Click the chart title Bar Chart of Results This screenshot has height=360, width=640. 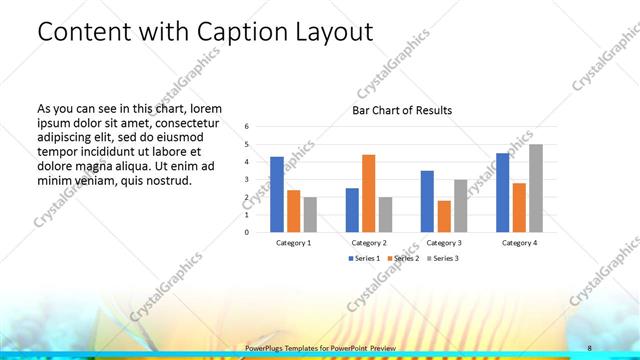tap(401, 110)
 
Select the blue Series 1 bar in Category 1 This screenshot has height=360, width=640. tap(276, 194)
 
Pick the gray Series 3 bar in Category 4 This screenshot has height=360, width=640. tap(536, 188)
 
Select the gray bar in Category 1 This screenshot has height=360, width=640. tap(310, 214)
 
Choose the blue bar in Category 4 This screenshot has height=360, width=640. tap(502, 192)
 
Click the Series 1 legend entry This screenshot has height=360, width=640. tap(364, 258)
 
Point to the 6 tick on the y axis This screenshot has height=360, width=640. tap(246, 127)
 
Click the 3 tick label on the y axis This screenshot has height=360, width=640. tap(246, 180)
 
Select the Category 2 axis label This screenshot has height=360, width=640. tap(369, 243)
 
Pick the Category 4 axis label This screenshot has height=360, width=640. tap(519, 243)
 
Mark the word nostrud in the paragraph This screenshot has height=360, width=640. tap(166, 181)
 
